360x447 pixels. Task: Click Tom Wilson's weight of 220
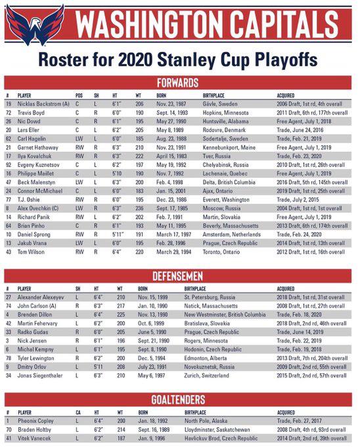click(139, 251)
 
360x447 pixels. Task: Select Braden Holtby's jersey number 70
click(9, 428)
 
